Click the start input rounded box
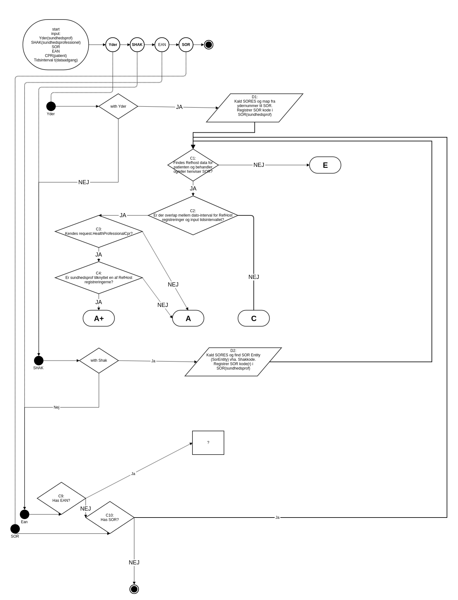pyautogui.click(x=56, y=45)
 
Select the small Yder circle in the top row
pyautogui.click(x=113, y=45)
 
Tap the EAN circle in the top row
pyautogui.click(x=162, y=45)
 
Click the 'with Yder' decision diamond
pyautogui.click(x=118, y=106)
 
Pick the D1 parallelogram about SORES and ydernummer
pyautogui.click(x=255, y=108)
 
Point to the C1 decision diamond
pyautogui.click(x=193, y=165)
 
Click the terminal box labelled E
pyautogui.click(x=325, y=165)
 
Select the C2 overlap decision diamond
pyautogui.click(x=193, y=215)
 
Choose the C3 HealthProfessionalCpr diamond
pyautogui.click(x=99, y=231)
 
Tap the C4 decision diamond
pyautogui.click(x=99, y=278)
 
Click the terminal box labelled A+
pyautogui.click(x=99, y=318)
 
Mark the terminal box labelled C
pyautogui.click(x=254, y=318)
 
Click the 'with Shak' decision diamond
pyautogui.click(x=99, y=360)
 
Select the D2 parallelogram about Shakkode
pyautogui.click(x=233, y=362)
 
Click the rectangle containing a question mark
pyautogui.click(x=208, y=443)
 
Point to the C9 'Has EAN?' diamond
pyautogui.click(x=61, y=498)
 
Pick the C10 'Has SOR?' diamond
pyautogui.click(x=110, y=518)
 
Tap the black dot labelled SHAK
pyautogui.click(x=39, y=360)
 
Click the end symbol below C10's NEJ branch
pyautogui.click(x=134, y=589)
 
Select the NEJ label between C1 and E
pyautogui.click(x=259, y=165)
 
